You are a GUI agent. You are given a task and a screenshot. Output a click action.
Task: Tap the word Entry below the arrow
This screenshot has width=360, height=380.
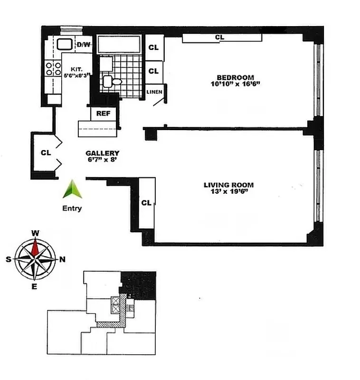(72, 208)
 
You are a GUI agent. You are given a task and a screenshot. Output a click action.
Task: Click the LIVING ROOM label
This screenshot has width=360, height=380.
(228, 185)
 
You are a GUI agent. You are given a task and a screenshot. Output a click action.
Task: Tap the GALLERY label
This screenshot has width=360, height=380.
(102, 153)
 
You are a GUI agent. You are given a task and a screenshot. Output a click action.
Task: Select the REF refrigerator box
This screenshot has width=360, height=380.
(103, 114)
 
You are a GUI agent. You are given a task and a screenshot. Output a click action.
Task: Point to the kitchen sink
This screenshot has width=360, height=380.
(64, 45)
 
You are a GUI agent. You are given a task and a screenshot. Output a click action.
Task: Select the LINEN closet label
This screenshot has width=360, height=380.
(155, 92)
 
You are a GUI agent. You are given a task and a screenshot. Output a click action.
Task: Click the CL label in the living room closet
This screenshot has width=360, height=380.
(146, 203)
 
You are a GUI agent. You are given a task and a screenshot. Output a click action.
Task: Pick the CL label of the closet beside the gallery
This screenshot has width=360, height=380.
(45, 153)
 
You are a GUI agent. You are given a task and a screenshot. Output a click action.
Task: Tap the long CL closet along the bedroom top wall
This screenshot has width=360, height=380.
(219, 37)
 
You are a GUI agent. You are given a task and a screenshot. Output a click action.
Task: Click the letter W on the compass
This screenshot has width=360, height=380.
(35, 233)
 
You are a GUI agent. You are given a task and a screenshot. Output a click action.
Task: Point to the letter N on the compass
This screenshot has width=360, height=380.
(62, 259)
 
